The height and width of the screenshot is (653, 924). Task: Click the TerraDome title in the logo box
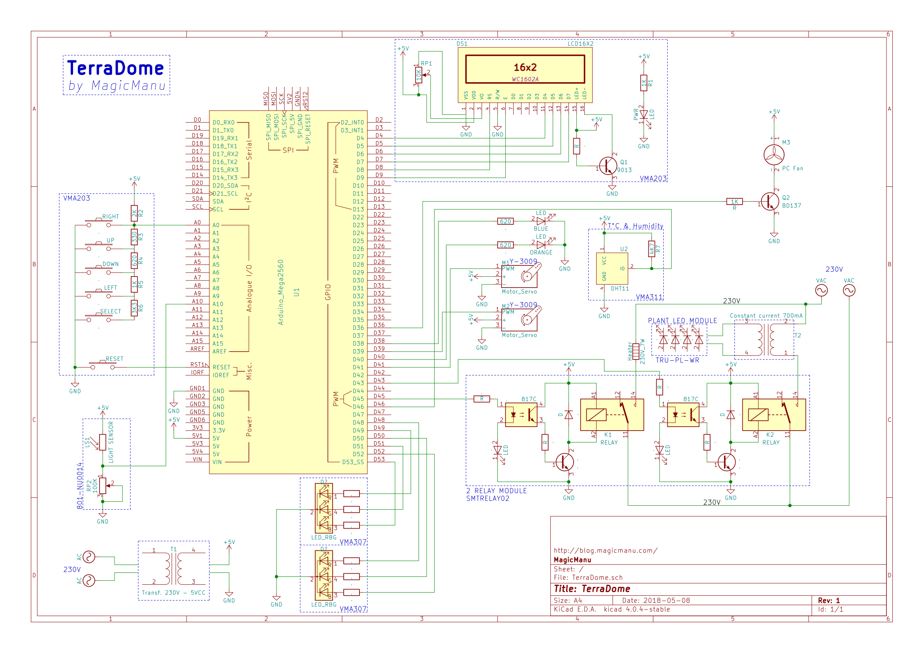click(x=115, y=68)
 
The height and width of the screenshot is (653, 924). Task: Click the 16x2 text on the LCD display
click(x=525, y=67)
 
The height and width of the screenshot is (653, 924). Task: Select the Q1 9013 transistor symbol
click(x=608, y=166)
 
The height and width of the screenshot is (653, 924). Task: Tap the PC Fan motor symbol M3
click(x=773, y=154)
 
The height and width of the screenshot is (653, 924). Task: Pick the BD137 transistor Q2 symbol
click(x=770, y=201)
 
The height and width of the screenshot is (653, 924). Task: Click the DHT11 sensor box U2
click(x=612, y=268)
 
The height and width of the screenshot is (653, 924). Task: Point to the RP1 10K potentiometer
click(x=418, y=75)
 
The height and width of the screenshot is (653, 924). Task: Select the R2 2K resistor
click(x=134, y=213)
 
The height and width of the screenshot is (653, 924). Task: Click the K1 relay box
click(x=612, y=414)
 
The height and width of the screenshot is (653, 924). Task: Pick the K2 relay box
click(x=773, y=414)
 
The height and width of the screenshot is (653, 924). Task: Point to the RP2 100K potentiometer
click(x=103, y=486)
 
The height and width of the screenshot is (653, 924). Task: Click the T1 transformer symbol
click(x=173, y=568)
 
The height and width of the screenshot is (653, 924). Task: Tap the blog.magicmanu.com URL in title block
click(x=605, y=550)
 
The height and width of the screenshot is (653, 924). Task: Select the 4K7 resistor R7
click(x=651, y=248)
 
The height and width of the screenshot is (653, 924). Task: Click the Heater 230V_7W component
click(x=636, y=351)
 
